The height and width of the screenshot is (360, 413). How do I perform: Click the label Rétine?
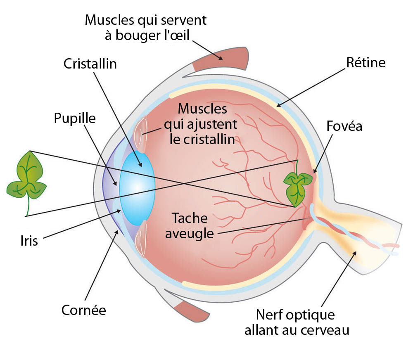[x=366, y=63]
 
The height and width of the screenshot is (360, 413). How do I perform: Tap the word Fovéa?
[x=344, y=126]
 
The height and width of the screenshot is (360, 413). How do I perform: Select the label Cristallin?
[x=90, y=64]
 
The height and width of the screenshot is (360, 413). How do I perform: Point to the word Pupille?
[x=75, y=118]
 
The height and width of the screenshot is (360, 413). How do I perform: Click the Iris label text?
[x=29, y=240]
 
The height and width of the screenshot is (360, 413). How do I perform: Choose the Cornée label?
[x=84, y=310]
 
